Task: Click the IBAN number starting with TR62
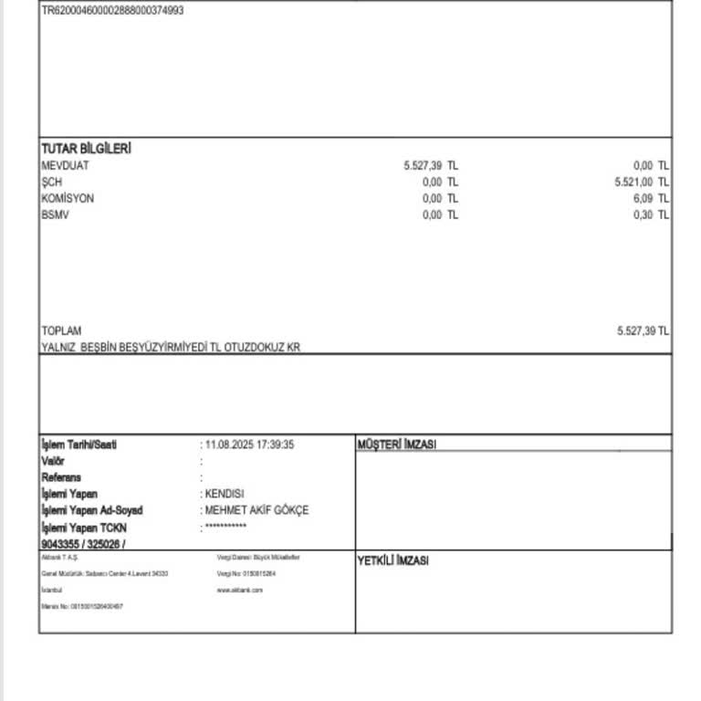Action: [112, 11]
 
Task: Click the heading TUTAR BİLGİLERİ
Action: [86, 149]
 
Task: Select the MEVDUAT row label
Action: [66, 165]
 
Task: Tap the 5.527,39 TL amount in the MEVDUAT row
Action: [430, 165]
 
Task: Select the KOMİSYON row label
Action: [68, 198]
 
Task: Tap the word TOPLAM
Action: [61, 330]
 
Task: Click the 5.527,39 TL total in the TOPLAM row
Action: [643, 330]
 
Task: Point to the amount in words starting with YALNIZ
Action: [171, 347]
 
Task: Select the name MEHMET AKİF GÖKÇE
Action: [256, 510]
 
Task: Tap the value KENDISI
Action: [225, 494]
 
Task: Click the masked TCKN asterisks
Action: [225, 527]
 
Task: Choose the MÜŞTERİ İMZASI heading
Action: [397, 445]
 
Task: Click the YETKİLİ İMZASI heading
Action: [392, 561]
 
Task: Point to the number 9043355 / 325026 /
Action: [83, 544]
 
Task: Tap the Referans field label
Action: [61, 477]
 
